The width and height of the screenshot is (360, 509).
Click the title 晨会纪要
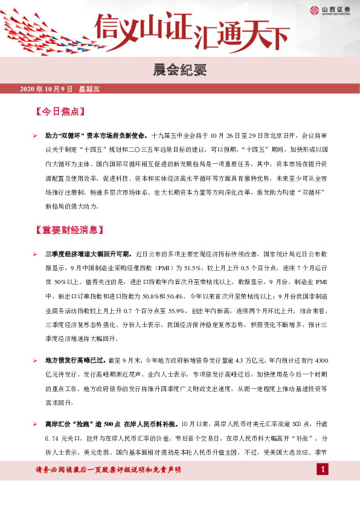coord(179,70)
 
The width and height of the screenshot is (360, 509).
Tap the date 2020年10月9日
coord(46,89)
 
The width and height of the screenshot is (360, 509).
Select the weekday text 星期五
coord(89,89)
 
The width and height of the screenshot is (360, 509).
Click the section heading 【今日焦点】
coord(59,112)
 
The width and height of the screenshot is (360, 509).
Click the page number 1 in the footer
coord(324,470)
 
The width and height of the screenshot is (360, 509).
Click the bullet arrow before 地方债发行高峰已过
coord(36,360)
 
